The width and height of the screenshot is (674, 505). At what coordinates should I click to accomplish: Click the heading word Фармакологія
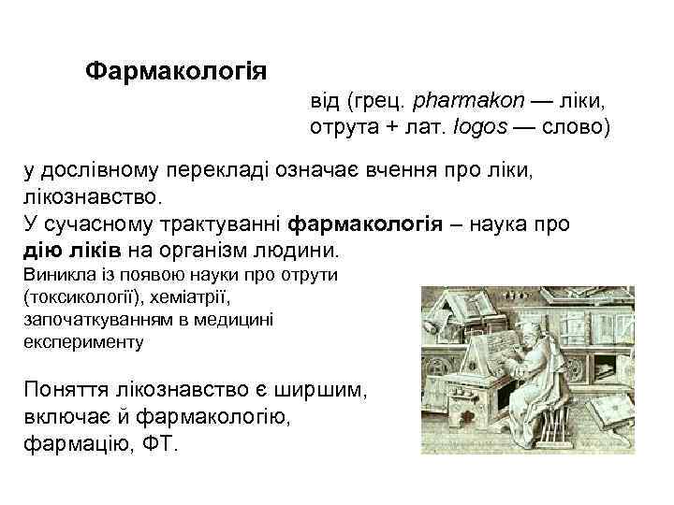[x=176, y=71]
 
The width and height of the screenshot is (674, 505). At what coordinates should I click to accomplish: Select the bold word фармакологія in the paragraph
[x=365, y=224]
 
